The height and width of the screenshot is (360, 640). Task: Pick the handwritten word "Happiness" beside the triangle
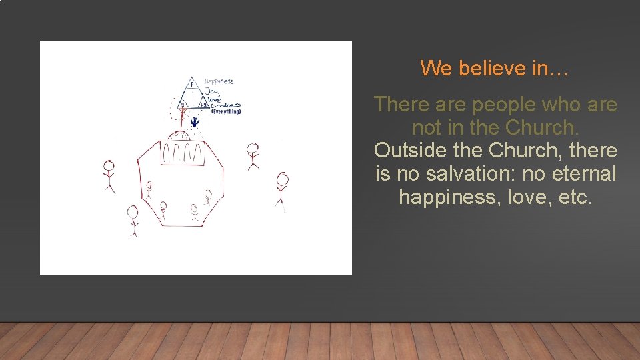[x=219, y=81]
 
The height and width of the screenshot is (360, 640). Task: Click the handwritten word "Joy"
[x=212, y=91]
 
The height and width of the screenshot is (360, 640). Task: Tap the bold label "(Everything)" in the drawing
[x=226, y=111]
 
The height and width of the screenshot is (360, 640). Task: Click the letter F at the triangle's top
[x=192, y=85]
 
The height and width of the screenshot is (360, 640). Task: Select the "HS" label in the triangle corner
[x=204, y=105]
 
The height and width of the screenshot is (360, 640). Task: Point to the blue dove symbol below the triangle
[x=194, y=121]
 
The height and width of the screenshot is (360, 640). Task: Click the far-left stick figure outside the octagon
[x=109, y=175]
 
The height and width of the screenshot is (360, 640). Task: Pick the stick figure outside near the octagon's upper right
[x=252, y=155]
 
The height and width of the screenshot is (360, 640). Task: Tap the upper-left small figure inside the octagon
[x=148, y=189]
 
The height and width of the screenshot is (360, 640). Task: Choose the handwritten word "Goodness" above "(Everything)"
[x=225, y=105]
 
